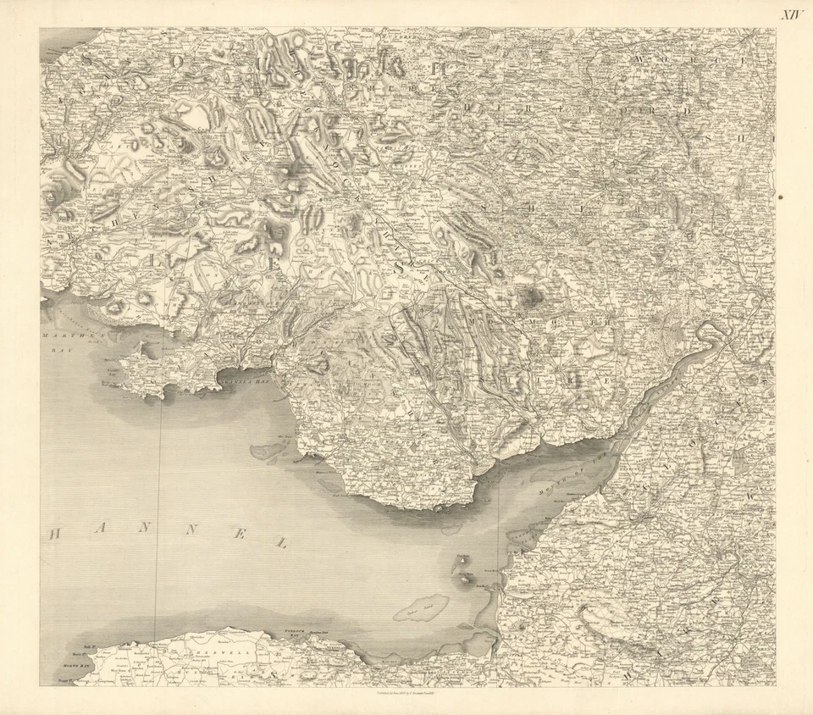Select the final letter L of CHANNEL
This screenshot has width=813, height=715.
point(281,542)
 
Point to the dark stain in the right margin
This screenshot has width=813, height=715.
point(780,197)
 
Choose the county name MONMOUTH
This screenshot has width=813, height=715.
point(550,323)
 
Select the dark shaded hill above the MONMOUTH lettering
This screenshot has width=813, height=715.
point(532,296)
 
